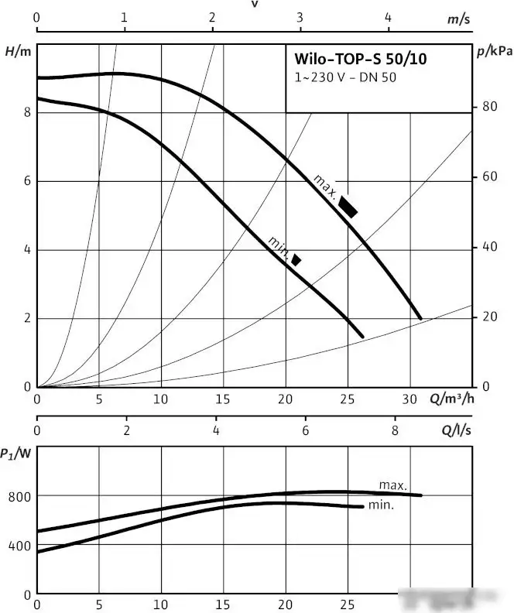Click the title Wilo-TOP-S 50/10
click(x=360, y=59)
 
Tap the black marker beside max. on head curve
click(x=348, y=207)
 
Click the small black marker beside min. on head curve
click(x=296, y=259)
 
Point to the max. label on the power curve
click(x=393, y=485)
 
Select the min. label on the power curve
click(x=382, y=505)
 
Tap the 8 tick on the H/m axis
click(x=26, y=112)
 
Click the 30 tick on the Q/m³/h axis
click(x=410, y=399)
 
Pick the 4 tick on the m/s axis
click(x=389, y=18)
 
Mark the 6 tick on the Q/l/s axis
click(x=306, y=430)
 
